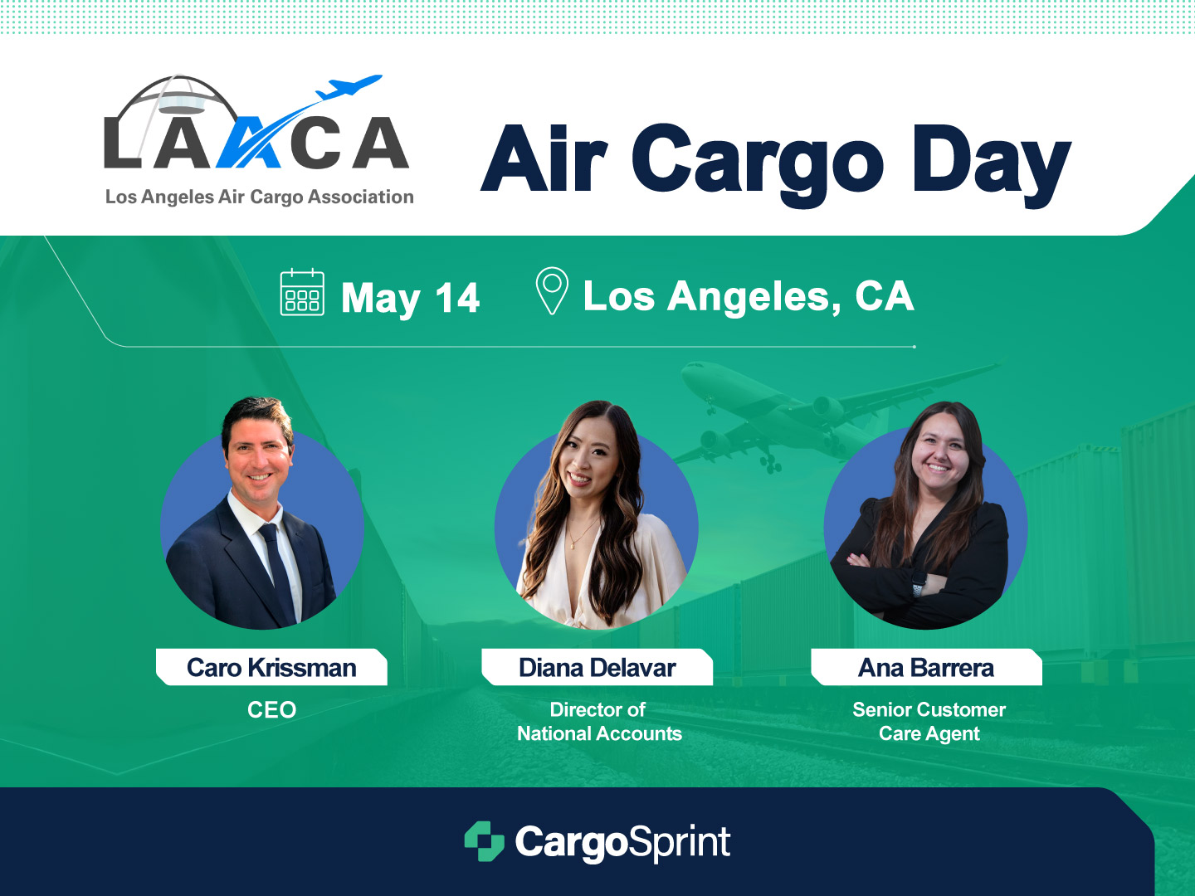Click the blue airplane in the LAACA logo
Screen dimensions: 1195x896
point(349,87)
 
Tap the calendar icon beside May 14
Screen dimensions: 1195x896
point(302,292)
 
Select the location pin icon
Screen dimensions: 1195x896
point(552,290)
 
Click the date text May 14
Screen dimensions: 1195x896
point(411,299)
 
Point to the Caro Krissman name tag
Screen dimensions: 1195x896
point(271,667)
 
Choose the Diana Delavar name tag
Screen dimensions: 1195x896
point(597,667)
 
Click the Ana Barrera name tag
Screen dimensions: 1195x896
point(926,667)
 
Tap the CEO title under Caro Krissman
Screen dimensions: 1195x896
point(271,709)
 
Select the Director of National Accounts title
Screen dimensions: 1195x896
point(599,722)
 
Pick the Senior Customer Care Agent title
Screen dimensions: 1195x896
point(929,722)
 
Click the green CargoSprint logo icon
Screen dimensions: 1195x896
point(484,841)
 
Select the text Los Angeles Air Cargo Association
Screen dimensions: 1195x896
point(259,197)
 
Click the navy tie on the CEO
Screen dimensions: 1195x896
point(278,572)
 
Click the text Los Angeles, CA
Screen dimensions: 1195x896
point(749,296)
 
